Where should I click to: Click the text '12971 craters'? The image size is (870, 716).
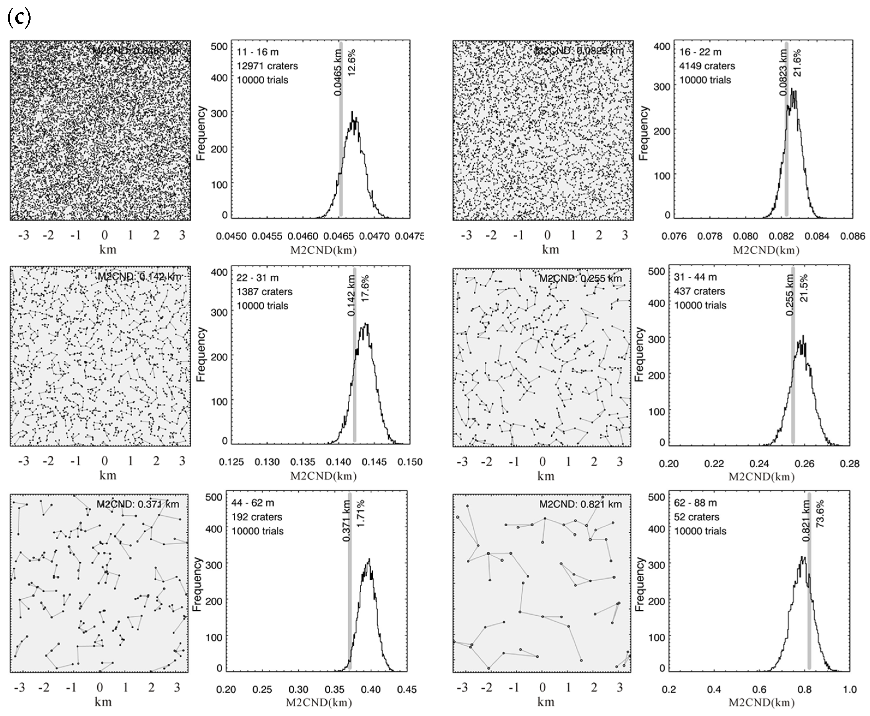(x=267, y=66)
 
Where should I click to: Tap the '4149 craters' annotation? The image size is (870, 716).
(x=707, y=66)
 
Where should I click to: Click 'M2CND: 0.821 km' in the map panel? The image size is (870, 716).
(x=580, y=504)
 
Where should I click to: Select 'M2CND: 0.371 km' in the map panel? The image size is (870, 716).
(x=138, y=504)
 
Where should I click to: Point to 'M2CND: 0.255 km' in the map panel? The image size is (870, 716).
(x=580, y=278)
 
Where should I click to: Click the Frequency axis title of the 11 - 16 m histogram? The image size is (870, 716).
(x=201, y=133)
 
